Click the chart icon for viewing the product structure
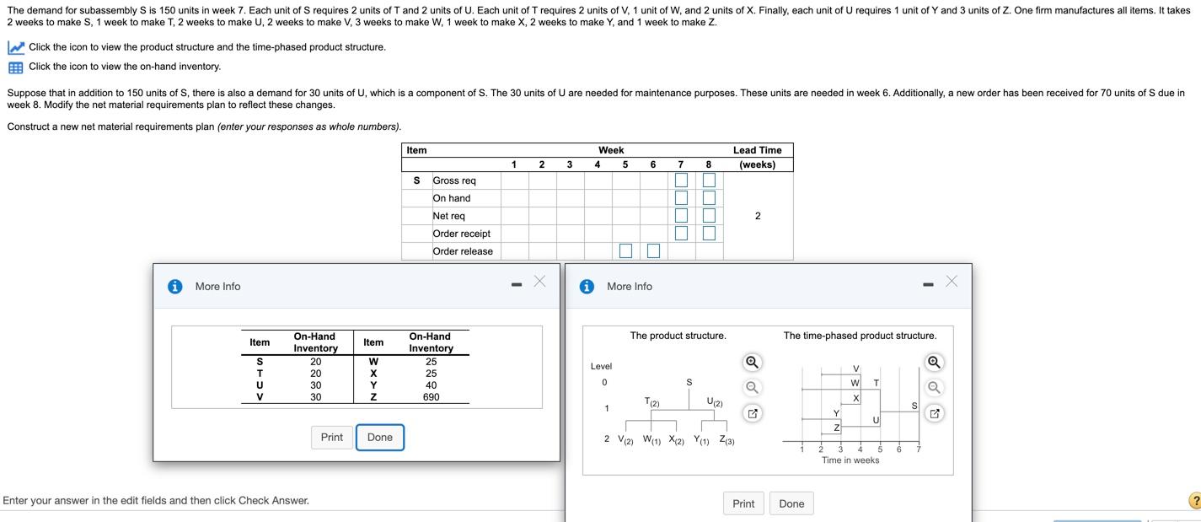(x=15, y=47)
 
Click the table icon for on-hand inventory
(x=15, y=67)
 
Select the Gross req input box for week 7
(x=681, y=180)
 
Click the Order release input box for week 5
(x=625, y=251)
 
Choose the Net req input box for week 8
(x=709, y=216)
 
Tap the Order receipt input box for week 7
(x=681, y=234)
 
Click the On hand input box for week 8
(x=709, y=198)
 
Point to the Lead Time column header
(x=757, y=157)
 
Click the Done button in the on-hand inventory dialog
(x=379, y=437)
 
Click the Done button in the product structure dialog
(x=791, y=503)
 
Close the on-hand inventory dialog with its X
(x=539, y=282)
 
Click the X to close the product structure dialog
(x=952, y=282)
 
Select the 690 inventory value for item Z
(x=431, y=397)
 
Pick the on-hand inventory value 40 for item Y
(x=431, y=385)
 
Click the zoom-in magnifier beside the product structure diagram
(x=753, y=363)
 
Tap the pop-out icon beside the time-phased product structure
(x=934, y=413)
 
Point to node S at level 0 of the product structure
(x=689, y=383)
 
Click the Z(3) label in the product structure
(x=726, y=440)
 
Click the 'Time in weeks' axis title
(x=850, y=460)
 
